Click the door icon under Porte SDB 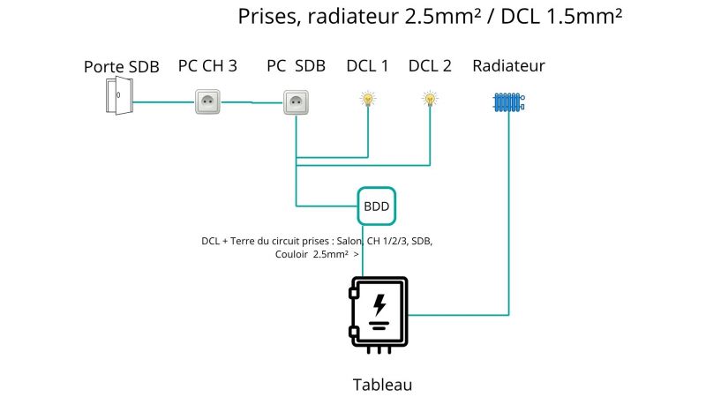click(119, 95)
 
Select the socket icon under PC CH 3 click(207, 101)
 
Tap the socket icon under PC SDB click(296, 102)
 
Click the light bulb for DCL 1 click(368, 99)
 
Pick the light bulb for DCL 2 click(430, 99)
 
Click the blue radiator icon click(509, 102)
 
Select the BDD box click(377, 206)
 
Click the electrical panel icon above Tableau click(379, 315)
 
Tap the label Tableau click(382, 385)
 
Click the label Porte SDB click(122, 67)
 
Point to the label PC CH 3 click(207, 65)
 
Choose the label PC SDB click(296, 65)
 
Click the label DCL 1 click(367, 65)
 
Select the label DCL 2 click(430, 65)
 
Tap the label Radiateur click(509, 65)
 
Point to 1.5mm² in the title click(584, 17)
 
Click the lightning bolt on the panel click(379, 305)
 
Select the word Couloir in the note click(292, 254)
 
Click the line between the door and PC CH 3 click(164, 102)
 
